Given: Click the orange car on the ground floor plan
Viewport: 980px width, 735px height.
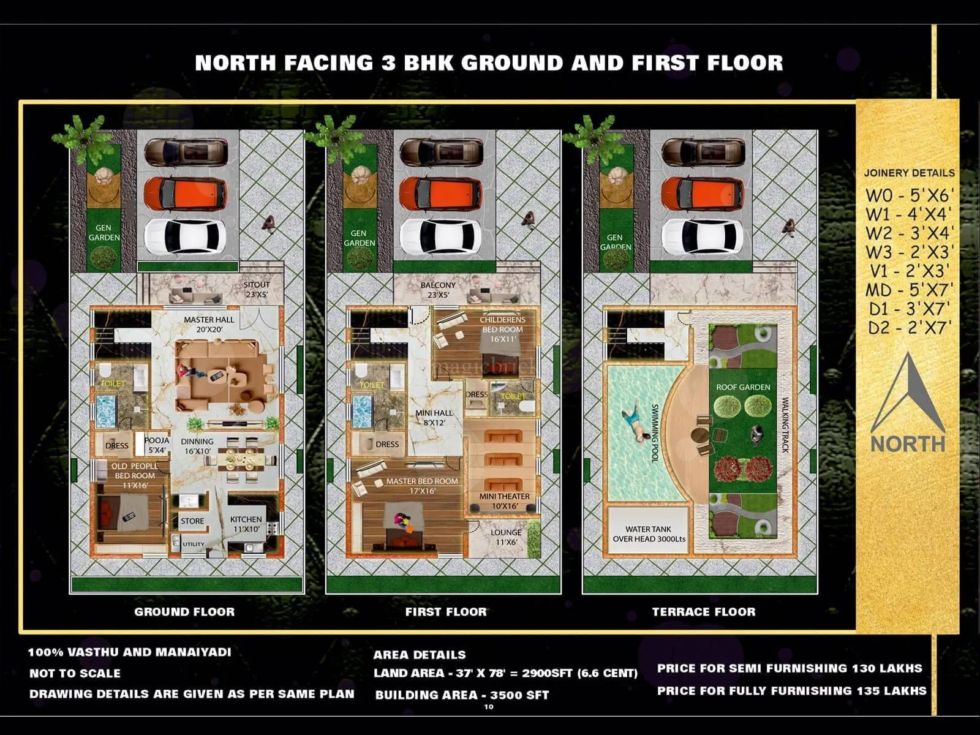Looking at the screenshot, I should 185,194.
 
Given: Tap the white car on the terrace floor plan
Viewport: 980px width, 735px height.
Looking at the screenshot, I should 703,236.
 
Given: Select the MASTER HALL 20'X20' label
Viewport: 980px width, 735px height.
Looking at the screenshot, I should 209,324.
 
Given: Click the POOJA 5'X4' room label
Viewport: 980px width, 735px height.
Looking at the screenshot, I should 157,445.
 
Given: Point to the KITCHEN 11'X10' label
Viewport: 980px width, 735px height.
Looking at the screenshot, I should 246,524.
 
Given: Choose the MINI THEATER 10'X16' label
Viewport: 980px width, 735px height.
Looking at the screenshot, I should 505,501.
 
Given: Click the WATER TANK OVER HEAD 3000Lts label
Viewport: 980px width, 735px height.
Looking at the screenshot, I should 649,534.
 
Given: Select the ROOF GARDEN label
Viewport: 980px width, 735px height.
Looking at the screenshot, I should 743,387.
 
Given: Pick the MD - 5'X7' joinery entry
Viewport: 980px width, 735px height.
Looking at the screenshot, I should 908,289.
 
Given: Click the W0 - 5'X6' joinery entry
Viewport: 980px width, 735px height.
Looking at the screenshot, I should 910,195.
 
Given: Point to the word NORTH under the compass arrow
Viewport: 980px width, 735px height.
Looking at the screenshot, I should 908,443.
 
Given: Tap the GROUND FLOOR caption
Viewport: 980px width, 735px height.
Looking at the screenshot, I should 184,611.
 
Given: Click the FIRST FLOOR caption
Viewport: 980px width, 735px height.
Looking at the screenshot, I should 446,611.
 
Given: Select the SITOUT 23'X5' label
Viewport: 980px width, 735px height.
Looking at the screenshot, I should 256,289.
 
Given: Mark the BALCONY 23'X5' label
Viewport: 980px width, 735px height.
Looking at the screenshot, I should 438,290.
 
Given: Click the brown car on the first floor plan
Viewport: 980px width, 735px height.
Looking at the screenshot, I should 441,151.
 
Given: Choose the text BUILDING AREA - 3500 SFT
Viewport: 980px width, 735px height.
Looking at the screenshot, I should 462,695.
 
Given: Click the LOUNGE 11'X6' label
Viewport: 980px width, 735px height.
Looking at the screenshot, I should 506,537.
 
